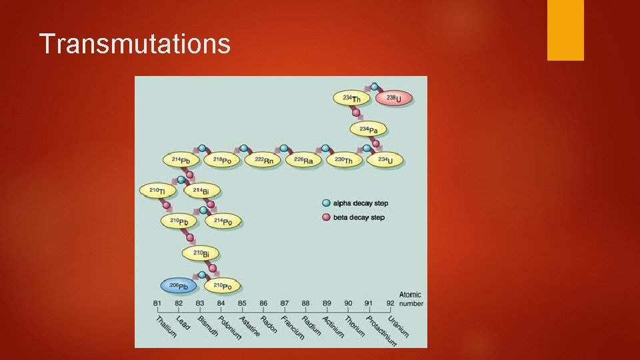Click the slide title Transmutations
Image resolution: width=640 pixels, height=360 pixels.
[x=135, y=44]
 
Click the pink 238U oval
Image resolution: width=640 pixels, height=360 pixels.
[x=394, y=99]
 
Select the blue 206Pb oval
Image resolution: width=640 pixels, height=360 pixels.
[x=178, y=286]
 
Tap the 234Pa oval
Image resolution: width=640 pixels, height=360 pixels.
[x=369, y=129]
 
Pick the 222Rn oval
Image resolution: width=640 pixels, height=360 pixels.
[x=263, y=160]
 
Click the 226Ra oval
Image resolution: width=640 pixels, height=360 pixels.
[x=304, y=160]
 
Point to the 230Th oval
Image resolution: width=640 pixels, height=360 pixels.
[x=344, y=160]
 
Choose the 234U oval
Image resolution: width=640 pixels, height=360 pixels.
[x=385, y=160]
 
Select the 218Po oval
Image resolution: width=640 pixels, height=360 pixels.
[x=222, y=160]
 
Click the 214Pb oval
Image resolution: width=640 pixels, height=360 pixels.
[x=181, y=160]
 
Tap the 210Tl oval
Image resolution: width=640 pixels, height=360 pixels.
[x=157, y=191]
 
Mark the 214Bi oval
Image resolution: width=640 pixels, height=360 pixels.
[x=201, y=191]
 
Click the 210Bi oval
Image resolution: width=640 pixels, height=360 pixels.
[x=201, y=253]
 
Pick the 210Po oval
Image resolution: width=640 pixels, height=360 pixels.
[x=222, y=286]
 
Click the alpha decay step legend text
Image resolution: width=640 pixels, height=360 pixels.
[x=361, y=203]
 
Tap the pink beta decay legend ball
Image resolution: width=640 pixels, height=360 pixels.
[x=326, y=217]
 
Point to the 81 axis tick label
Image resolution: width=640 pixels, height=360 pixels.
[x=157, y=303]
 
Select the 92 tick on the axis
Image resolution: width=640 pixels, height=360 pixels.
[x=390, y=303]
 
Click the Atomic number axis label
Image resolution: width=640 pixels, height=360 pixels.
[x=410, y=299]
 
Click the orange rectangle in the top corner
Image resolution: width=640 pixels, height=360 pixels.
[x=565, y=30]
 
